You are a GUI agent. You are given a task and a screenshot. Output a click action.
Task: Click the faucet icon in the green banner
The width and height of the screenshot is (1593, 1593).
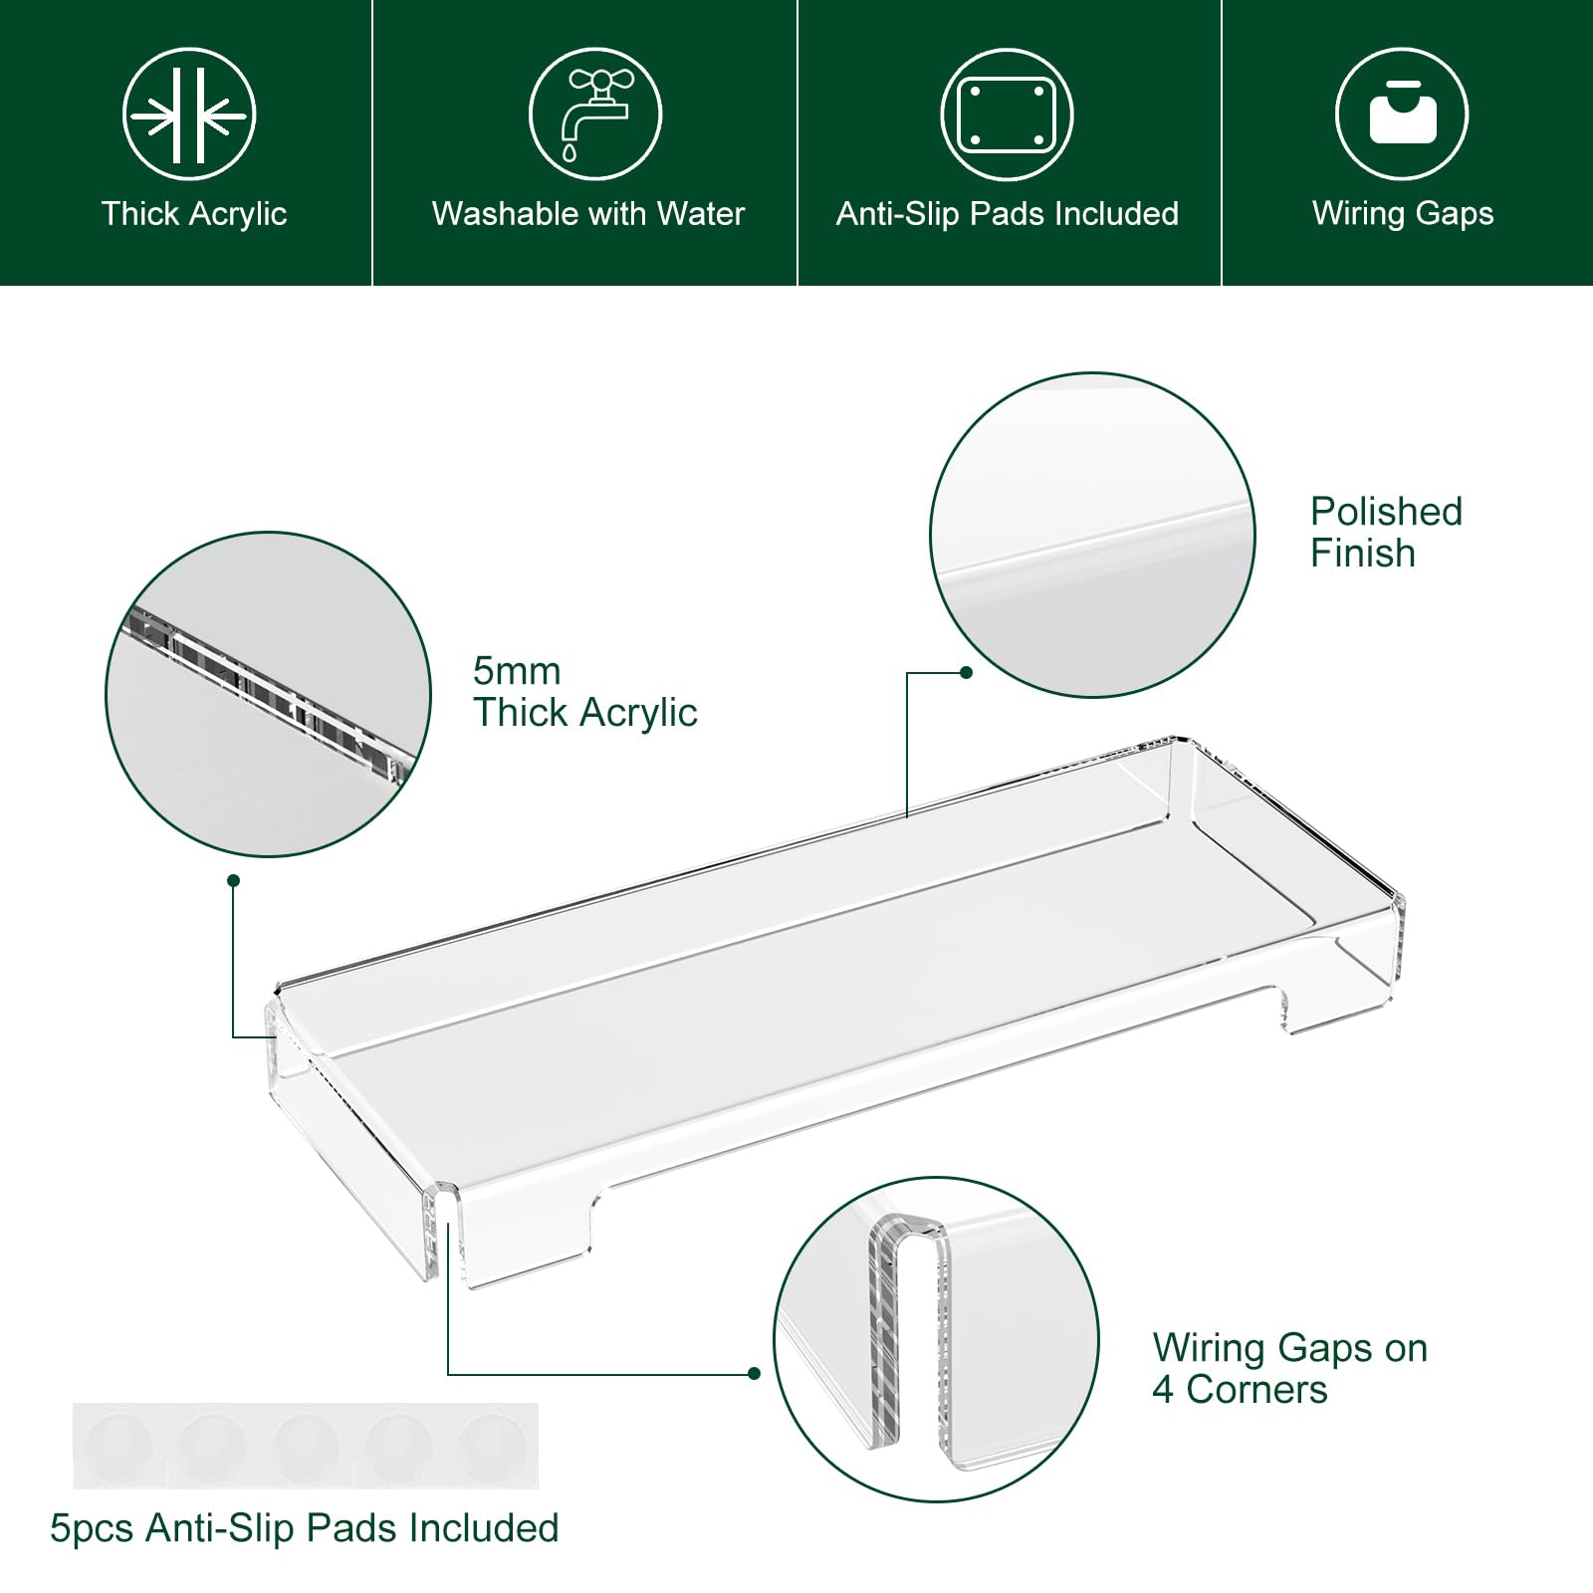tap(594, 114)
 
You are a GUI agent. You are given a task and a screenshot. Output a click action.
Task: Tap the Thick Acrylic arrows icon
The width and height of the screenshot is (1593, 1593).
tap(189, 114)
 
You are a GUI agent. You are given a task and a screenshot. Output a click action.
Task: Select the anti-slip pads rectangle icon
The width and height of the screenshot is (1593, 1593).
tap(1006, 114)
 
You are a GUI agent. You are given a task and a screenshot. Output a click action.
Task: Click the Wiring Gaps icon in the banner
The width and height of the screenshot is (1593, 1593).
tap(1402, 114)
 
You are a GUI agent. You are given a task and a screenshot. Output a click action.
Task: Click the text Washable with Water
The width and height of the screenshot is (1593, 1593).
tap(588, 213)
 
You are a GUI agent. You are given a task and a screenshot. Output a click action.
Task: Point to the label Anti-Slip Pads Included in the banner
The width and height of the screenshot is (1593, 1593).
tap(1008, 213)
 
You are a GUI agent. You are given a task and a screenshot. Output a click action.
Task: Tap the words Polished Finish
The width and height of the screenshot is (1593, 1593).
tap(1386, 532)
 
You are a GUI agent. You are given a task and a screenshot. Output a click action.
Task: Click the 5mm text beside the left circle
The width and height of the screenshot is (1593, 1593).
tap(517, 671)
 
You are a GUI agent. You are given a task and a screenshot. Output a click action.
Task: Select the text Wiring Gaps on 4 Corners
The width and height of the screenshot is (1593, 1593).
tap(1290, 1368)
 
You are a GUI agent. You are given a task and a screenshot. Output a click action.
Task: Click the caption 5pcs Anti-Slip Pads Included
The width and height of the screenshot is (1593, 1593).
tap(305, 1528)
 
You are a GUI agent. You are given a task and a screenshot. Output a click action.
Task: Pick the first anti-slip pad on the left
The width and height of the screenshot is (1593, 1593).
tap(117, 1446)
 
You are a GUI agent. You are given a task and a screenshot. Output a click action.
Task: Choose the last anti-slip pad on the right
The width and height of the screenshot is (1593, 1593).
tap(492, 1446)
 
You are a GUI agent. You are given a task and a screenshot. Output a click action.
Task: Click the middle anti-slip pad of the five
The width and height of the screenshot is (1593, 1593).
tap(305, 1446)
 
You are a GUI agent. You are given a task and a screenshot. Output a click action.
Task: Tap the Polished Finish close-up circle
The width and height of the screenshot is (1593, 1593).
tap(1092, 536)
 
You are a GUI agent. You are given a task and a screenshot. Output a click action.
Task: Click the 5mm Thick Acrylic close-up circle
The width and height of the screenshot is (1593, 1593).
tap(268, 694)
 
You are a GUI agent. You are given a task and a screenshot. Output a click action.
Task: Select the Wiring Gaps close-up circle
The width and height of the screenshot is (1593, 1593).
tap(937, 1339)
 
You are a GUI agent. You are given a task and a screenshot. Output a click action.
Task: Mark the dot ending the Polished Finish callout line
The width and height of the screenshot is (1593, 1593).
tap(966, 673)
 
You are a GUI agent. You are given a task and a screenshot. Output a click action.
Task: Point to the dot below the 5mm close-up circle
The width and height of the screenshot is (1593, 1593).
tap(233, 881)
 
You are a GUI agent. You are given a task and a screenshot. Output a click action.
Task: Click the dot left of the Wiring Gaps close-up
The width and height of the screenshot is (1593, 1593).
tap(754, 1374)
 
